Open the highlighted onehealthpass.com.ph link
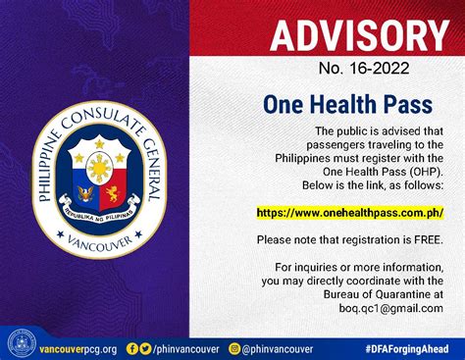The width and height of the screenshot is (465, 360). point(349,212)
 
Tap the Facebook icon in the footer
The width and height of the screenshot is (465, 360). point(131,347)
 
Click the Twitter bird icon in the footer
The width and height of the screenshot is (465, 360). point(145,347)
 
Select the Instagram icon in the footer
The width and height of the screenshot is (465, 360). point(233,347)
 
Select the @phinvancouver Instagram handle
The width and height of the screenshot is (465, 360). point(278,348)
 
